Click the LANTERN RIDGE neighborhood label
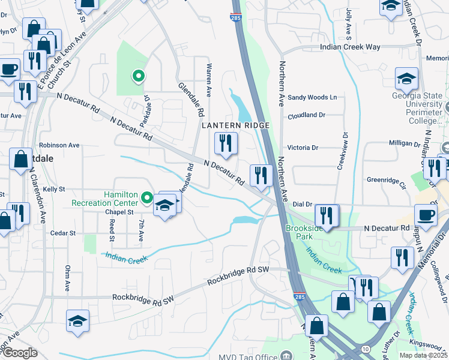pos(235,125)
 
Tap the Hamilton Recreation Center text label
pos(104,199)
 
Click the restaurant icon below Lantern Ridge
pos(226,143)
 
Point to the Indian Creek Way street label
pos(351,47)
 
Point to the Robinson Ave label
pos(59,145)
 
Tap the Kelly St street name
pos(53,188)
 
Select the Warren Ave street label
pos(209,80)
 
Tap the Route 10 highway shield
pos(366,349)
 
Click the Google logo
pos(19,353)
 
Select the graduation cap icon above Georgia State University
pos(406,79)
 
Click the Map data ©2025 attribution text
pos(423,355)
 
